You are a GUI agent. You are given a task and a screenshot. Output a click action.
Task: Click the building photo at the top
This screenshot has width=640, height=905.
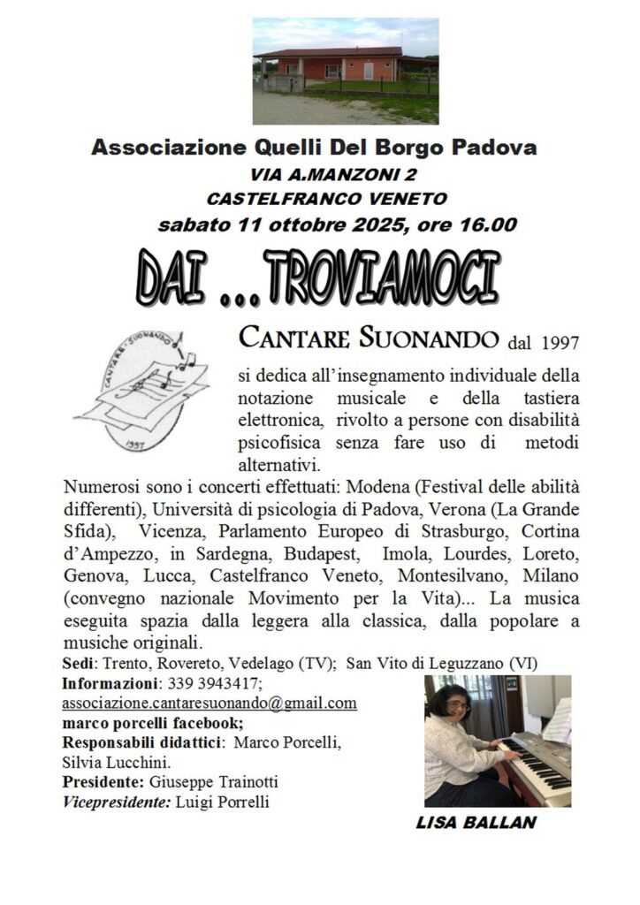point(345,71)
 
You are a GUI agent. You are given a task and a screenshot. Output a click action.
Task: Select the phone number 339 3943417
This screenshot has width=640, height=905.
point(213,683)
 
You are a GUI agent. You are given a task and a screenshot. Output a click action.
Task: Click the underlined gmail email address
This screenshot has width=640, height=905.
point(210,703)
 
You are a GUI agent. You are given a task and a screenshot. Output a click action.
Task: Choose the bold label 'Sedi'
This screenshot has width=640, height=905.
point(80,663)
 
